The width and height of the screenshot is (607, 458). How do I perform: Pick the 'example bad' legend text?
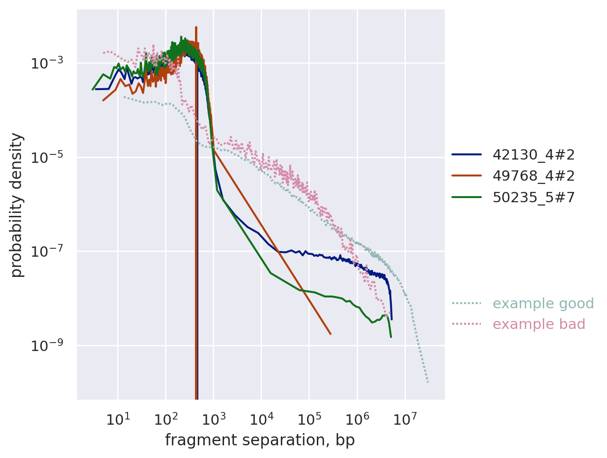[x=539, y=324]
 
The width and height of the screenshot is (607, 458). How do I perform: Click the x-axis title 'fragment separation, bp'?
[x=260, y=440]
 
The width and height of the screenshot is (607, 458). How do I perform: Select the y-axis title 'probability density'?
[x=17, y=205]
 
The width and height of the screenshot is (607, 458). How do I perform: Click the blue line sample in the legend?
[x=467, y=154]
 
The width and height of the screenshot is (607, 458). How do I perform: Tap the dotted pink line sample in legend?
[x=467, y=324]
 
